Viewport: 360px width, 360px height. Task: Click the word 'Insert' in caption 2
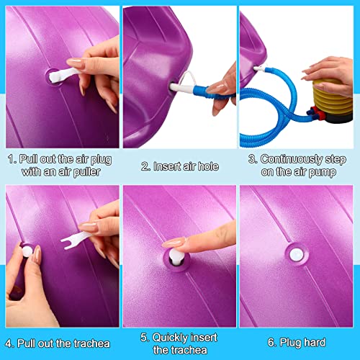point(163,166)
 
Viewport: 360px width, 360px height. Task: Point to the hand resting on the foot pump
point(328,71)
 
